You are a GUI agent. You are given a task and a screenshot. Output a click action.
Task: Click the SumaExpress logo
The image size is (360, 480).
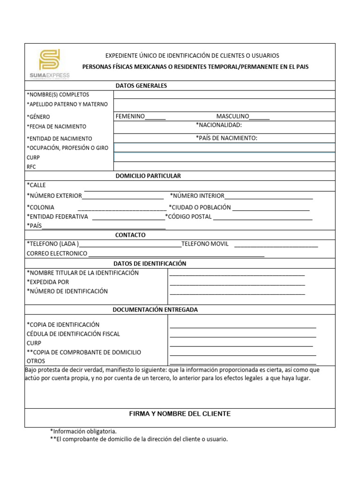[x=49, y=64]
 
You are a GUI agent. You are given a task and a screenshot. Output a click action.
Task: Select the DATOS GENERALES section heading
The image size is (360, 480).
[x=141, y=86]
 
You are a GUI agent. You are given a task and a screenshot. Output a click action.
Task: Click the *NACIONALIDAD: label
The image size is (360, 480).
[x=218, y=125]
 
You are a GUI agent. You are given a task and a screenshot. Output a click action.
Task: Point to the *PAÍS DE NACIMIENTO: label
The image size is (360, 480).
[x=226, y=138]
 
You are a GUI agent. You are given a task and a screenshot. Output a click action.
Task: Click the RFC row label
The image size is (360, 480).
[x=31, y=166]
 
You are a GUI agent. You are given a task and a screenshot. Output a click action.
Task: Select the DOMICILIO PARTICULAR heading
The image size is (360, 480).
[x=148, y=176]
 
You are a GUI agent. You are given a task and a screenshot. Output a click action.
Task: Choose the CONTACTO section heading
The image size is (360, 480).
[x=130, y=235]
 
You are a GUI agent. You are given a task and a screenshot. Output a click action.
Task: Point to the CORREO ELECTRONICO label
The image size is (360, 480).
[x=57, y=253]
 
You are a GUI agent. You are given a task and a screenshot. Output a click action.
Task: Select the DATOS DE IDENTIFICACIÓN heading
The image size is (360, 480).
[x=150, y=263]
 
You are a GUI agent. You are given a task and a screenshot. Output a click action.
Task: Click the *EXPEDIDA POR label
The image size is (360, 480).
[x=48, y=282]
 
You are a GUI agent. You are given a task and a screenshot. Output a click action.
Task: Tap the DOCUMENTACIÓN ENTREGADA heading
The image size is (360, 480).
[x=155, y=309]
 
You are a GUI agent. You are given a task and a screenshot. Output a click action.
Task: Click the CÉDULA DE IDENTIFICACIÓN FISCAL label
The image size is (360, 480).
[x=74, y=334]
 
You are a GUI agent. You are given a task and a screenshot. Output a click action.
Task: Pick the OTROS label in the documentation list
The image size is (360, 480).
[x=36, y=361]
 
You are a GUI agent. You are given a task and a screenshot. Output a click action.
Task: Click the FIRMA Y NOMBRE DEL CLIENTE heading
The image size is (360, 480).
[x=180, y=413]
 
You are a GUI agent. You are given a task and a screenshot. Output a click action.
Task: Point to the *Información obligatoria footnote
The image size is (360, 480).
[x=83, y=431]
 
